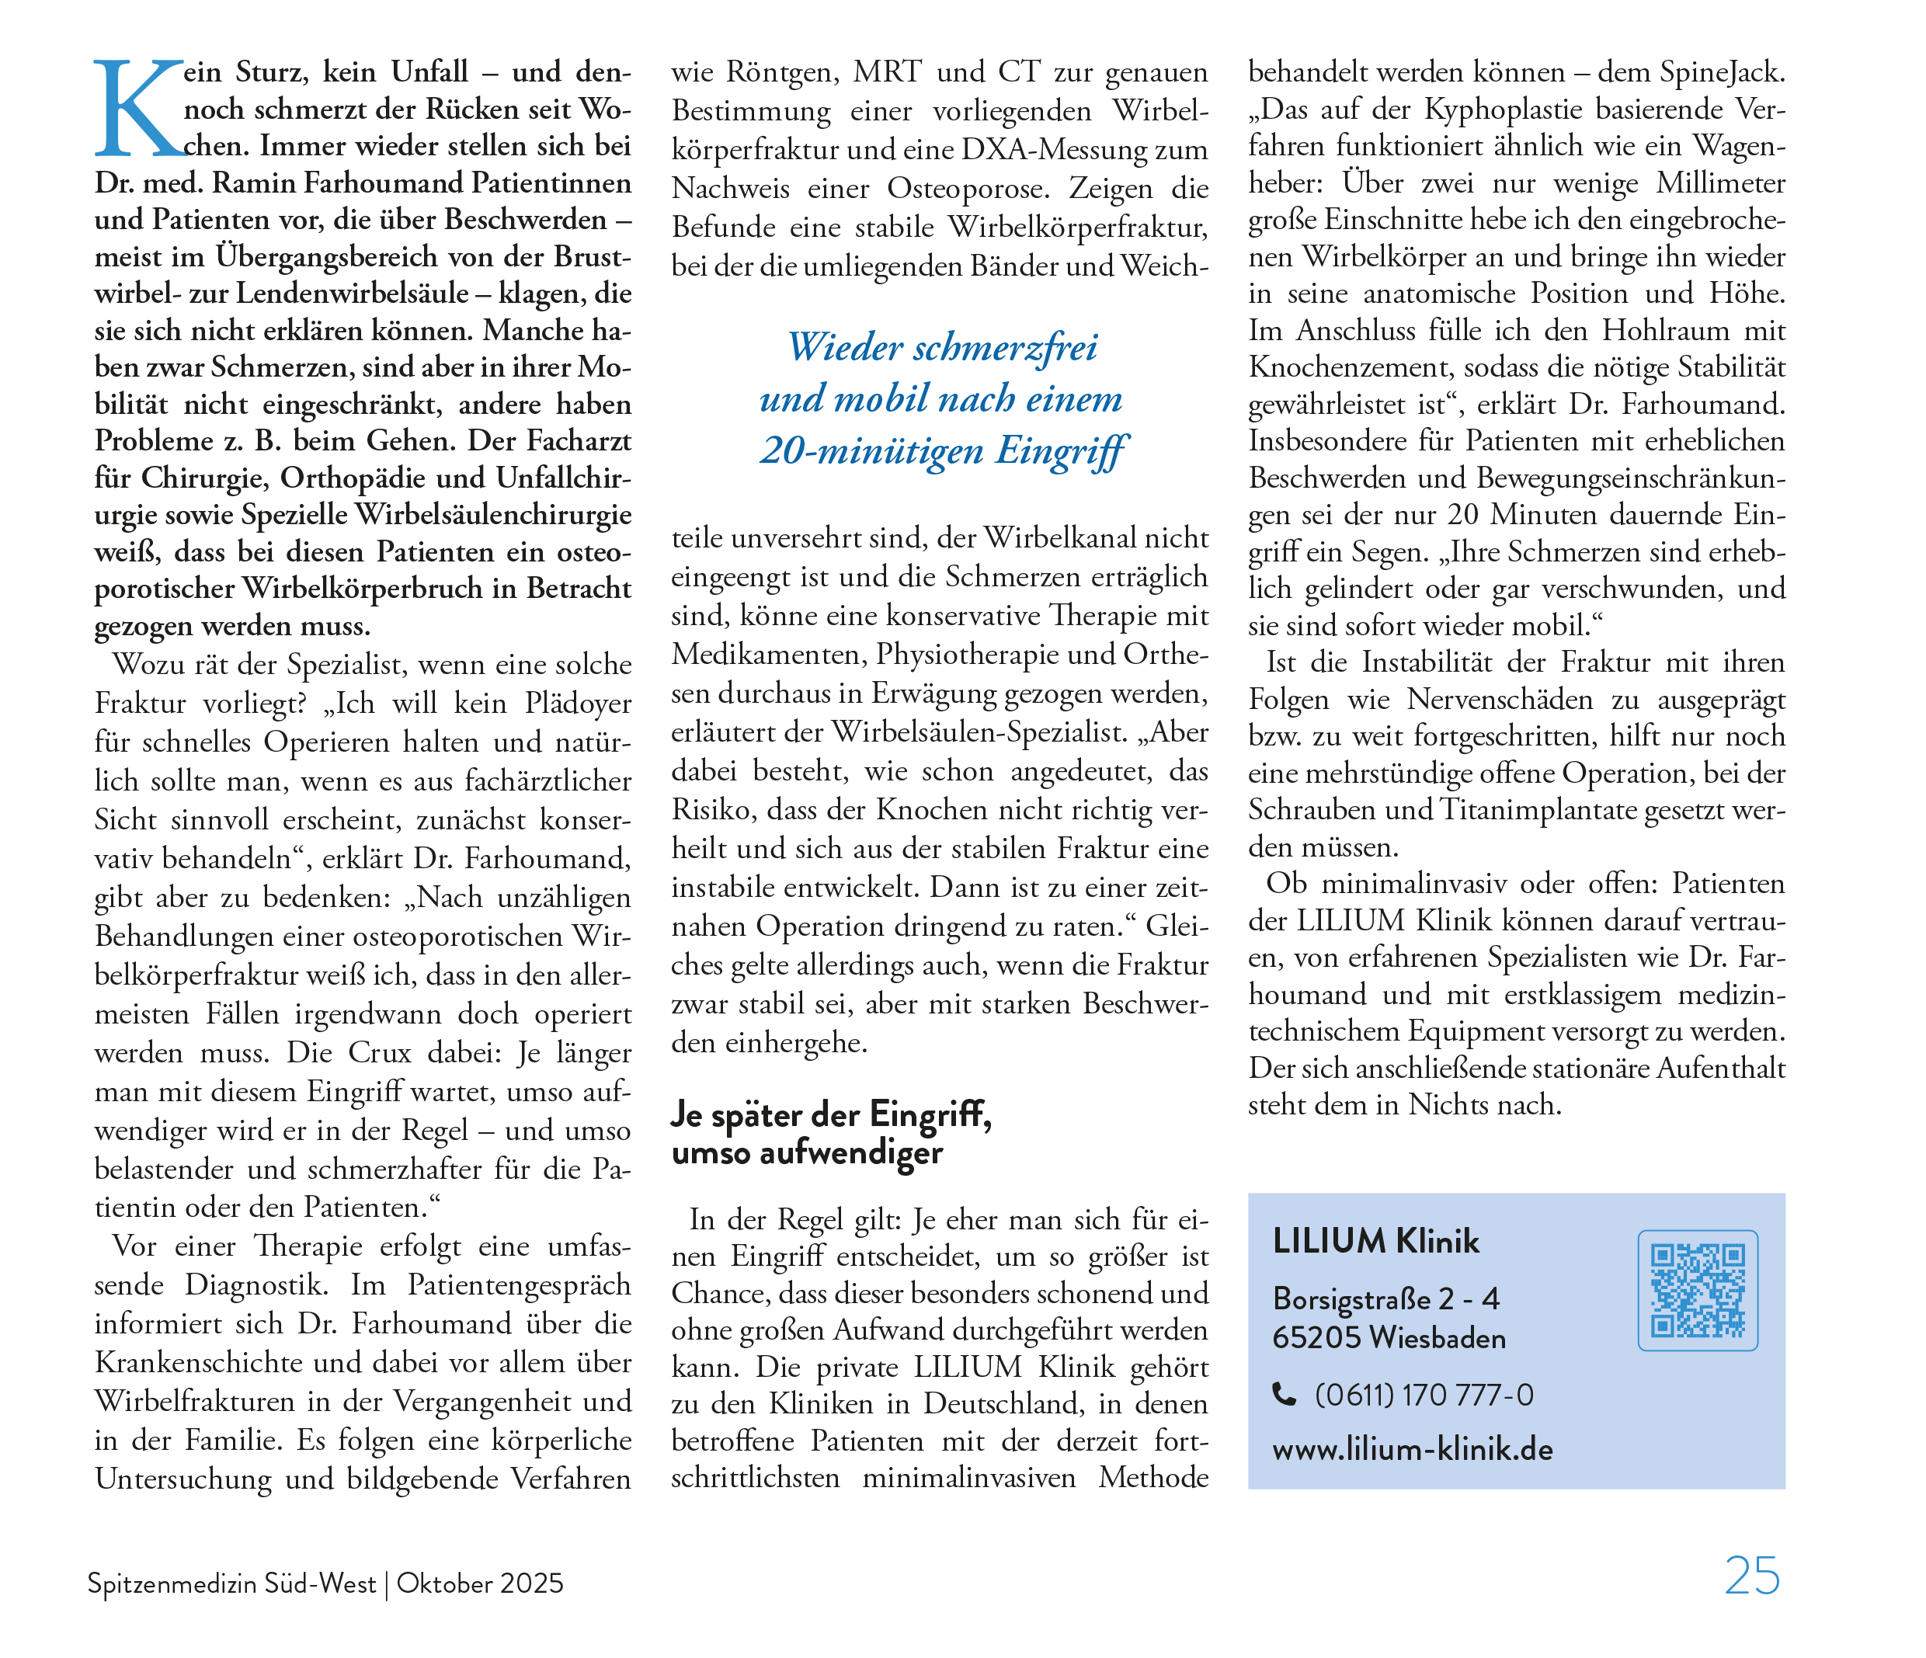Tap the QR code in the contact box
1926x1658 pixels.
[x=1698, y=1290]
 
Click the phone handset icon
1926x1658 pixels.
[x=1284, y=1395]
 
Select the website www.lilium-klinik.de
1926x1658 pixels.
[x=1412, y=1450]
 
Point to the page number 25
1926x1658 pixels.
[x=1751, y=1577]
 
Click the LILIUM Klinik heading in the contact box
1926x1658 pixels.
[x=1375, y=1242]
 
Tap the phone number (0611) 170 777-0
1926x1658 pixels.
[x=1424, y=1395]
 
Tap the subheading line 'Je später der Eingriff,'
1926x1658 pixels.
[x=831, y=1114]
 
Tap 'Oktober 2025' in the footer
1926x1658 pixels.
[x=480, y=1583]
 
